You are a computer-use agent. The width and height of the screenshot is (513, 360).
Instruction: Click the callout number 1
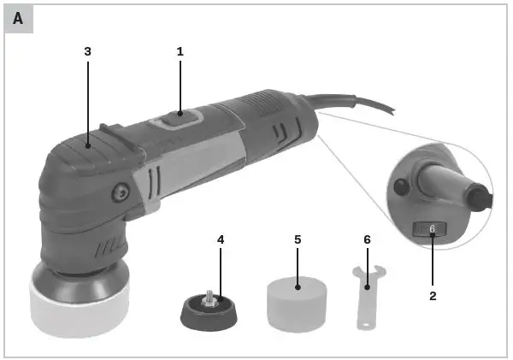(x=180, y=51)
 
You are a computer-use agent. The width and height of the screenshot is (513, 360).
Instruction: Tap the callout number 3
(x=87, y=51)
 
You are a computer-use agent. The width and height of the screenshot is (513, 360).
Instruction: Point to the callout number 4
(x=221, y=239)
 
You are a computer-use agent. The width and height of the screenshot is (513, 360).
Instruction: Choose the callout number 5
(x=298, y=239)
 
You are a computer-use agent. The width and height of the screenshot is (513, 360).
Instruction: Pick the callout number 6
(x=367, y=239)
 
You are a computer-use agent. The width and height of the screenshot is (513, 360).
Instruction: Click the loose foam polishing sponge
(x=298, y=304)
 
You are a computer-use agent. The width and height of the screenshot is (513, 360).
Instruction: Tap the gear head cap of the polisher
(x=81, y=154)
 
